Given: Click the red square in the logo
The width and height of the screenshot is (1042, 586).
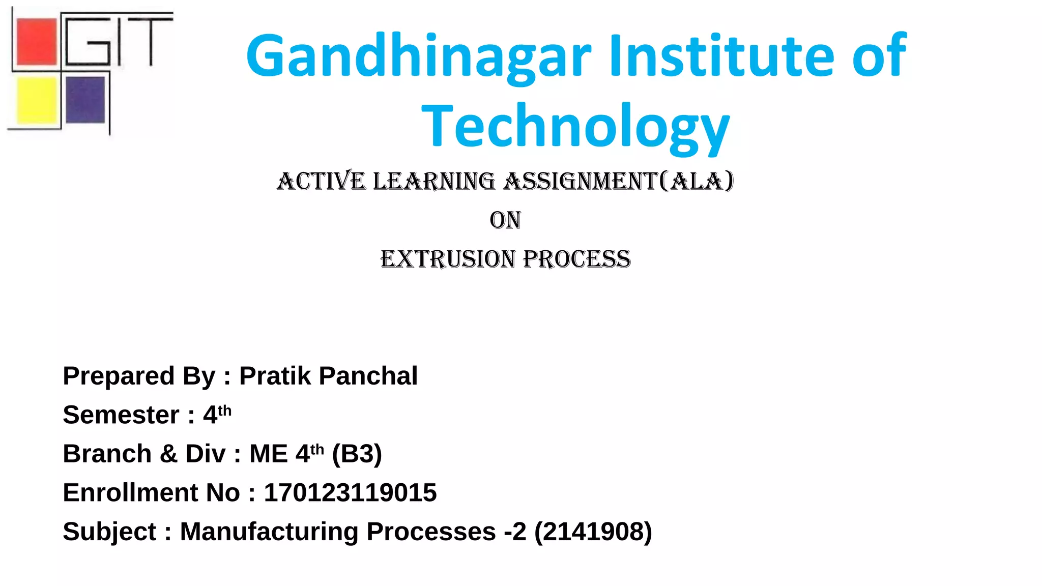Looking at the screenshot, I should (37, 42).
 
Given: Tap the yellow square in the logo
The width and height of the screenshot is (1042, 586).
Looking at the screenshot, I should (36, 100).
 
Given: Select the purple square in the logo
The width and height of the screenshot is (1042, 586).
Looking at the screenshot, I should (85, 100).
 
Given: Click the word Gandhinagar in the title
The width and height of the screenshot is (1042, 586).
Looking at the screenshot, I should (418, 57).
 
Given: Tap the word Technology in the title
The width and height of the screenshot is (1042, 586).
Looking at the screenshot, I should (575, 127).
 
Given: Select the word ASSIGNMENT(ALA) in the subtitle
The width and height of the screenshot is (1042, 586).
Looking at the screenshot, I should (619, 182).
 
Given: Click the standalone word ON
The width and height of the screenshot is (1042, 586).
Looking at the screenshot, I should (505, 220).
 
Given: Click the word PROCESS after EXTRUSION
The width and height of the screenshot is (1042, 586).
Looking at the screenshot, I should (576, 259).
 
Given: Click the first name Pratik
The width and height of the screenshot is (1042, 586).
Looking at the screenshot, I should (275, 376).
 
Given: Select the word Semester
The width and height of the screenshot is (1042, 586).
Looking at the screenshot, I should (121, 415).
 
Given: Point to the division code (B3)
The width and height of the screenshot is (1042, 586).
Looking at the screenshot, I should (357, 454).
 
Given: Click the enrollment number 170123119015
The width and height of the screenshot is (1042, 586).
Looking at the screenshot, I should (350, 492).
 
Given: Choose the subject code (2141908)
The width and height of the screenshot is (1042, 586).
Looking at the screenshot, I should (593, 532).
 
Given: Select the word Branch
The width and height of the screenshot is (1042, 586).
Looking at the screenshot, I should (107, 454).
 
